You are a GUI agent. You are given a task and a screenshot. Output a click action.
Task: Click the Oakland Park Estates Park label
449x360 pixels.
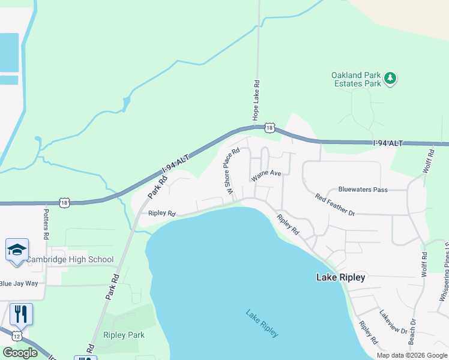click(356, 79)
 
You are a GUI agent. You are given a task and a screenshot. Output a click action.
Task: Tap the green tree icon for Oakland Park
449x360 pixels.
click(390, 79)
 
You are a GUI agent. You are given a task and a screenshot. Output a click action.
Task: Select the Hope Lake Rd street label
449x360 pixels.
click(256, 99)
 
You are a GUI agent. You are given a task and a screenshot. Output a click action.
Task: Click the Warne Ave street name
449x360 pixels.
click(267, 176)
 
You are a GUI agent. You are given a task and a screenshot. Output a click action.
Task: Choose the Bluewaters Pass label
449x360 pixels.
click(363, 189)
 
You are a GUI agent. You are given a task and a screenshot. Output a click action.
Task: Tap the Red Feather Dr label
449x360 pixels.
click(335, 204)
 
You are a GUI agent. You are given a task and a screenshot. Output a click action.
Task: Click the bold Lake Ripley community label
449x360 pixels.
click(340, 277)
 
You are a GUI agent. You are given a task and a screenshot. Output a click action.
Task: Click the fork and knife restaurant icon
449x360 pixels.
click(21, 313)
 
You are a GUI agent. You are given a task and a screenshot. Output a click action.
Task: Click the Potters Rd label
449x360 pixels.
click(46, 221)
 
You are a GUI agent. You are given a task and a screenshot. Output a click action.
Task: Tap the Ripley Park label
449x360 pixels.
click(124, 335)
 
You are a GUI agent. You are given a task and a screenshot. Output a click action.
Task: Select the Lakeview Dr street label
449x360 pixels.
click(393, 322)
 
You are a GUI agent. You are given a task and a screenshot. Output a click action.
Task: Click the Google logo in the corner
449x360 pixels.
click(20, 353)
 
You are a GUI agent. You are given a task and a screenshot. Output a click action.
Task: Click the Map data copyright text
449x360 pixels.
click(411, 355)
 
